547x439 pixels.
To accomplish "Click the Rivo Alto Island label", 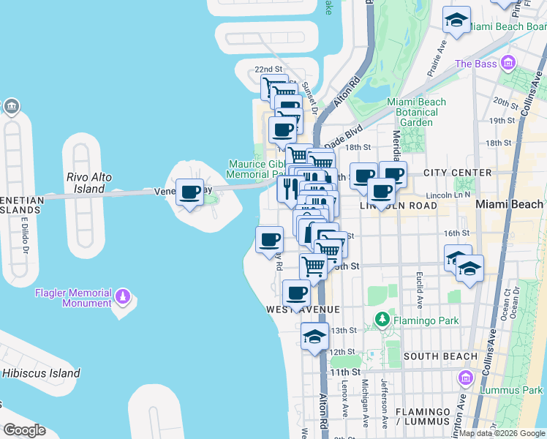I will (86, 183).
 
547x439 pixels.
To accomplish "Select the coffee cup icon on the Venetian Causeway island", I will (190, 192).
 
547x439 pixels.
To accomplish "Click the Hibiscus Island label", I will (40, 373).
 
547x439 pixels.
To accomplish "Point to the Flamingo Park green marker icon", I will (381, 319).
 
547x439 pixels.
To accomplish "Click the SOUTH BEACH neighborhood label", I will (440, 356).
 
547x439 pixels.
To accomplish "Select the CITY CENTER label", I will (457, 173).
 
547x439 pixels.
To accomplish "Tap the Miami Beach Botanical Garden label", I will (417, 112).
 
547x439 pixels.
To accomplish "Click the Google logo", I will (24, 430).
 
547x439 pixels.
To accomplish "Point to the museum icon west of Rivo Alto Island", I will (12, 107).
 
